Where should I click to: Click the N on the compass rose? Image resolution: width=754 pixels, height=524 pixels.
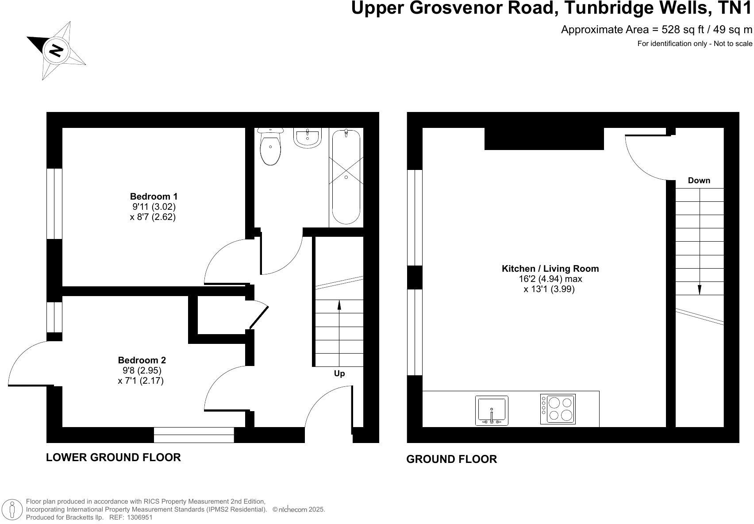56,50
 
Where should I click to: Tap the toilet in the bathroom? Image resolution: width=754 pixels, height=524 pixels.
270,147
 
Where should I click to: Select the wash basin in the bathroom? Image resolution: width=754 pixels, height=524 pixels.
308,138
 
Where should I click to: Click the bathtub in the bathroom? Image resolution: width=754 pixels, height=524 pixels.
346,177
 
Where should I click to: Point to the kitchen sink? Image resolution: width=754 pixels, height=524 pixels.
492,411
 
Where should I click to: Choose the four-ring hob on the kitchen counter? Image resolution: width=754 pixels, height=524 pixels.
558,409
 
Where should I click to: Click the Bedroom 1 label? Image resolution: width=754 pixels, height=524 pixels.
154,196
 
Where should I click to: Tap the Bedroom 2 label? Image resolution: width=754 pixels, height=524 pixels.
142,360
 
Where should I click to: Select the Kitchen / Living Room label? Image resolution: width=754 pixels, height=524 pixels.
550,268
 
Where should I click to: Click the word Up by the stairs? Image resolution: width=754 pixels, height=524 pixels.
339,374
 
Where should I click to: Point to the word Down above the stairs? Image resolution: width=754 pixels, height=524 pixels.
699,181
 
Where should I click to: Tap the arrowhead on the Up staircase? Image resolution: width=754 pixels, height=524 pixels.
339,305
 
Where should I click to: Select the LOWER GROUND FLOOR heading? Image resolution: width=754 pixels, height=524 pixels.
113,457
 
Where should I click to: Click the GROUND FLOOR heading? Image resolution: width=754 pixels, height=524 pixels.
451,459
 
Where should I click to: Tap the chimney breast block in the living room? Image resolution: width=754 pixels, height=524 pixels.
544,139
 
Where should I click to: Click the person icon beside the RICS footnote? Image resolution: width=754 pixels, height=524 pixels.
12,509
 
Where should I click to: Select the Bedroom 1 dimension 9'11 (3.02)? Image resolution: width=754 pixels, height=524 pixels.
154,206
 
